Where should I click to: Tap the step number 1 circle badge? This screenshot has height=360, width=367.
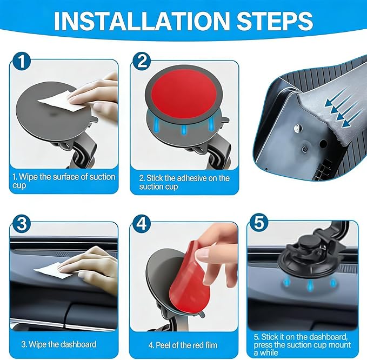(22, 61)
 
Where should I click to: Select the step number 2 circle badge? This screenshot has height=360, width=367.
(142, 61)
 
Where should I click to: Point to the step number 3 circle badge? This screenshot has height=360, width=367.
(22, 224)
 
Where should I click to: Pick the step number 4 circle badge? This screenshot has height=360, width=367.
(142, 224)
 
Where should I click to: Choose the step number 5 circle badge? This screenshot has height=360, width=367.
(259, 222)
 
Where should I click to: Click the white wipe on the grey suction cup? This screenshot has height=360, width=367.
(62, 103)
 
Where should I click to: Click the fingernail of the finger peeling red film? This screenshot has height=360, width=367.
(202, 254)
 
